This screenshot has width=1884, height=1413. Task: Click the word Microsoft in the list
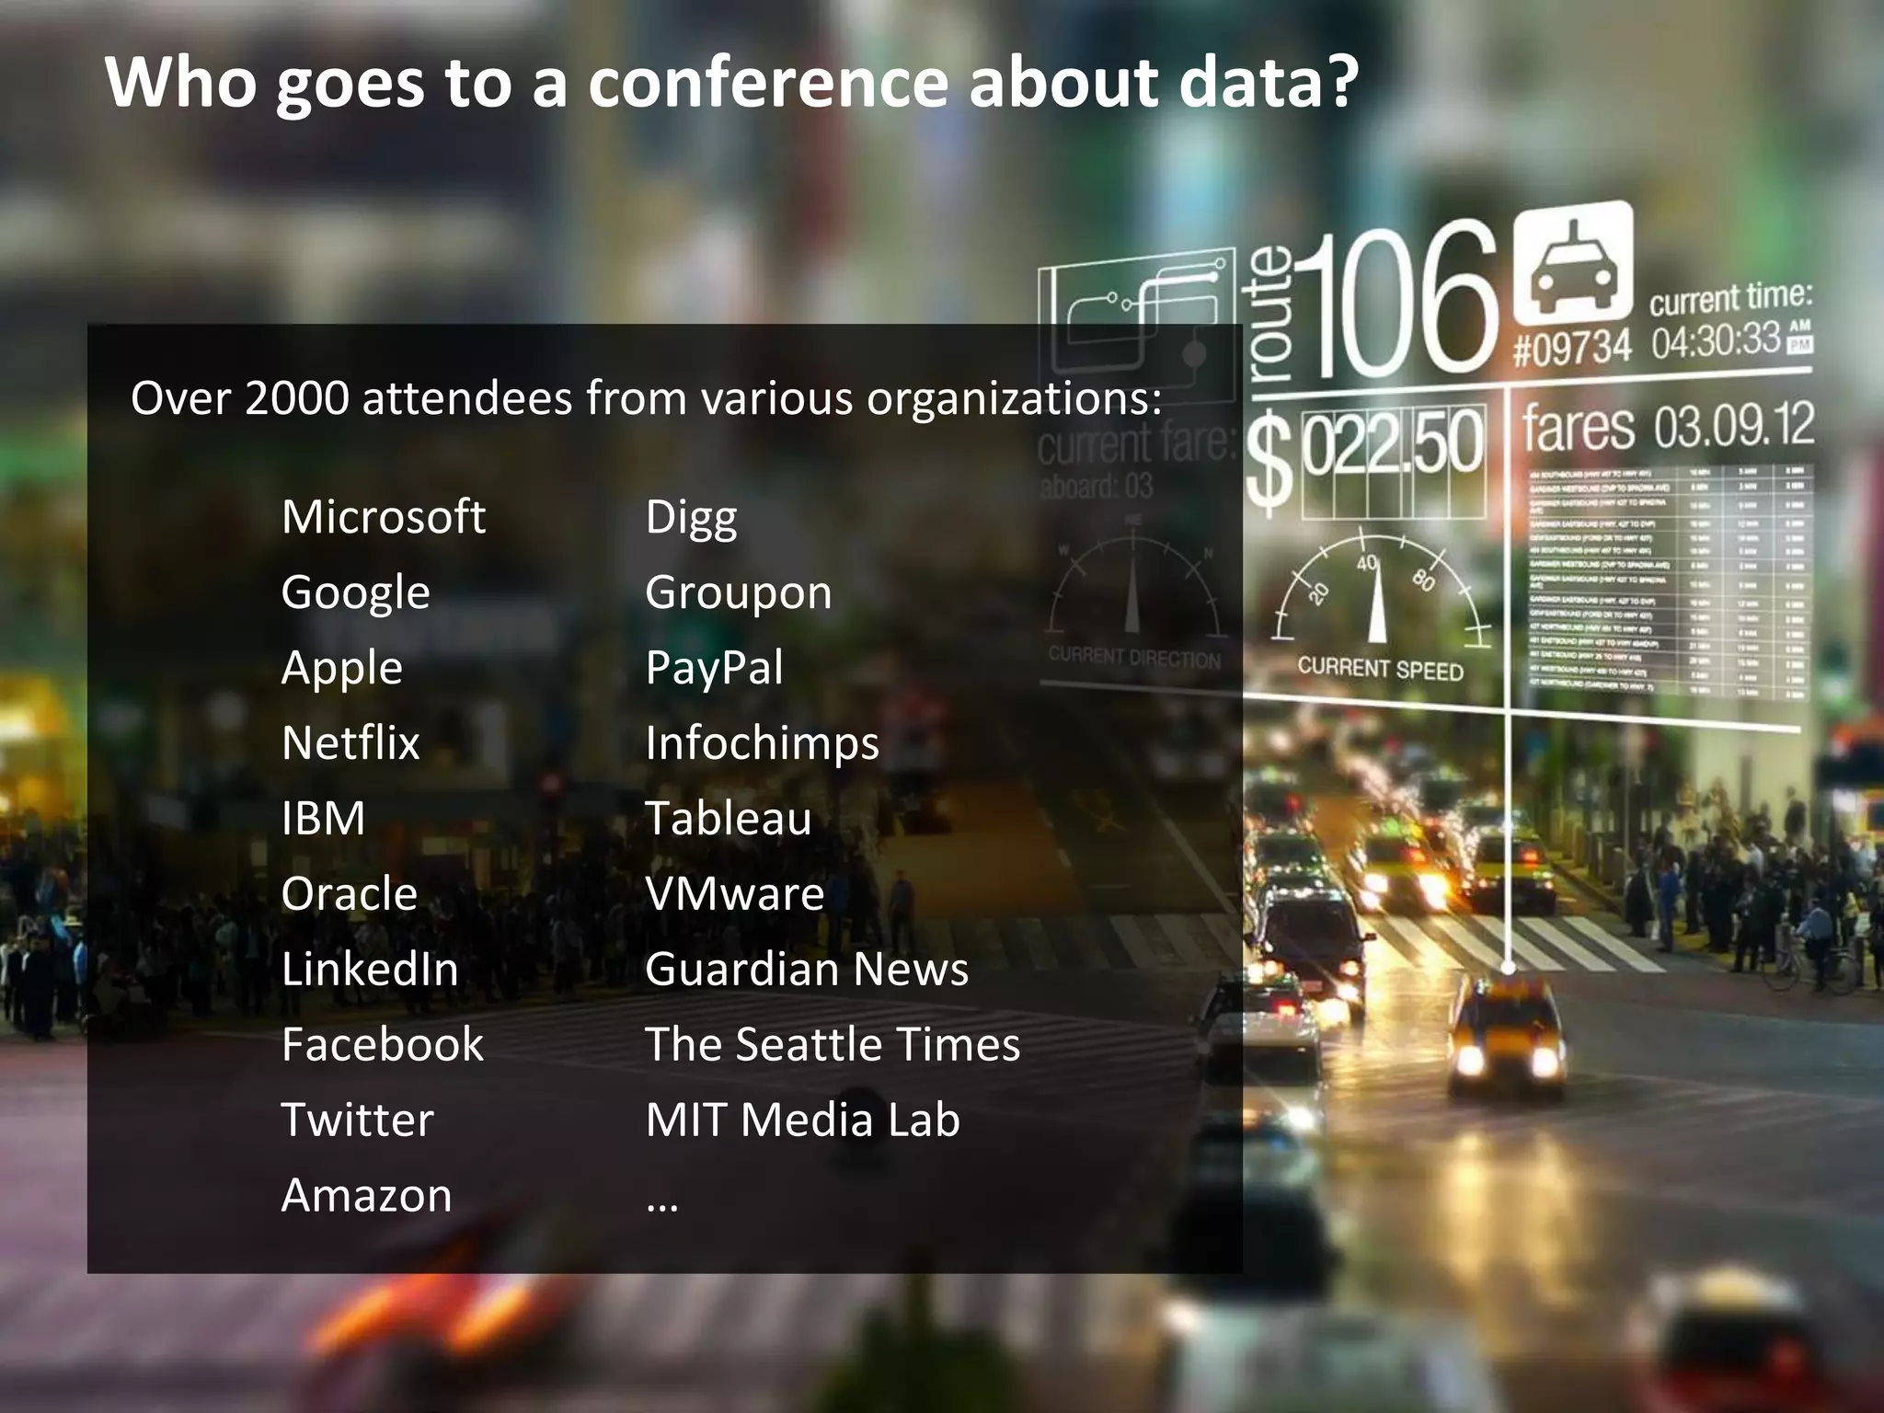(x=383, y=517)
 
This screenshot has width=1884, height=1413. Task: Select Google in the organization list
(x=355, y=592)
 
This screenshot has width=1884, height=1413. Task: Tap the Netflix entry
(x=350, y=743)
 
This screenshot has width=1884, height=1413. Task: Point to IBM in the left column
(x=323, y=819)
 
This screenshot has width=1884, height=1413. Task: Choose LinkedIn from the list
(x=370, y=970)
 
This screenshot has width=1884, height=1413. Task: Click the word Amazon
(x=366, y=1196)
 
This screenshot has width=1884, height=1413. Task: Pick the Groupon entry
(x=738, y=592)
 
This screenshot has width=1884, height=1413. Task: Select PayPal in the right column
(x=714, y=668)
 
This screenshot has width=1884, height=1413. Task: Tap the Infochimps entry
(x=762, y=743)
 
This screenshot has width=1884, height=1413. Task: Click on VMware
(x=734, y=894)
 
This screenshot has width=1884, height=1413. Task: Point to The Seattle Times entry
(x=833, y=1045)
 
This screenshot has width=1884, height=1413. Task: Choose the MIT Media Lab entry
(x=802, y=1120)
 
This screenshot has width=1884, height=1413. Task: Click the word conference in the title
(x=768, y=83)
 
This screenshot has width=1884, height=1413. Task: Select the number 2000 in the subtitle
(x=296, y=399)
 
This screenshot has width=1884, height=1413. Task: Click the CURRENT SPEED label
(x=1380, y=669)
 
